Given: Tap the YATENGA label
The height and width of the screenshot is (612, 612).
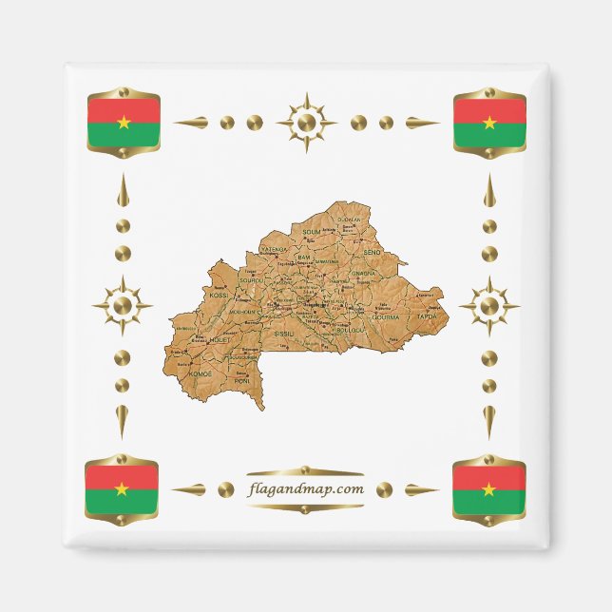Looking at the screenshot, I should coord(274,249).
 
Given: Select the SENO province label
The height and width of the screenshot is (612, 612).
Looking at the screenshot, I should coord(373,252).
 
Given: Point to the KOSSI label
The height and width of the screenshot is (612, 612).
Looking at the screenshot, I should coord(220,296).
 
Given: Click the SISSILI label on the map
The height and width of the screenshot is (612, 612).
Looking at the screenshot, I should coord(285,335).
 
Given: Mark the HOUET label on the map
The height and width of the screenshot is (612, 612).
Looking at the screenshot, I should coord(220,338).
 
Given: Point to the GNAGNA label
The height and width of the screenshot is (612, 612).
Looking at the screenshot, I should coord(364,274).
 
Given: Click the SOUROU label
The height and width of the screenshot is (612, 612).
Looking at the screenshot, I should coord(252,281).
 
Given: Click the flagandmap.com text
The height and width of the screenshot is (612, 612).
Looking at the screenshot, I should coord(304,489).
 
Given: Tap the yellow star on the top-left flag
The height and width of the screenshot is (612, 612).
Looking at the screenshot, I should coord(123,122).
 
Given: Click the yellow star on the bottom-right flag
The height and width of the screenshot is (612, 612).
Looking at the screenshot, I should coord(488,489).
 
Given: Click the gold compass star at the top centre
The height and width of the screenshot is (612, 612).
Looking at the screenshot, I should coord(306,123).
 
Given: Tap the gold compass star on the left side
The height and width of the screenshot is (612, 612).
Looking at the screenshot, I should coord(123,306).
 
